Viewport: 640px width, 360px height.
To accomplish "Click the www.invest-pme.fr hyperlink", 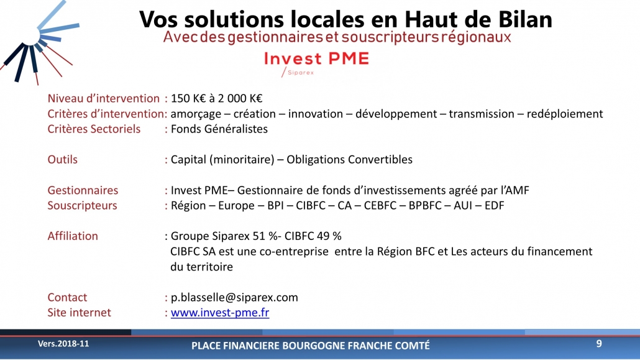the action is tap(219, 313).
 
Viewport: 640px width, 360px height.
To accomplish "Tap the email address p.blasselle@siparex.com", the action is tap(234, 297).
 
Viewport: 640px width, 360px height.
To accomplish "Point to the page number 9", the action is tap(599, 344).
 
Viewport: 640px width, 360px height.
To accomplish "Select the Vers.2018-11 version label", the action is tap(63, 344).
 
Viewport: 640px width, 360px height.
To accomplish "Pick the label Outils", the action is tap(63, 159).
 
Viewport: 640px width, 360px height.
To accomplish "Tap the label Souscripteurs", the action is tap(82, 206).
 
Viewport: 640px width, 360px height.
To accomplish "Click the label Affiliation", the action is tap(73, 236).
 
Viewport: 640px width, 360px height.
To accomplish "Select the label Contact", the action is tap(67, 297).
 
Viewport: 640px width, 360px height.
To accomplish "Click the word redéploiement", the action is tap(564, 114).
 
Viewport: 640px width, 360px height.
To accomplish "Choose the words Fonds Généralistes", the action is tap(219, 129).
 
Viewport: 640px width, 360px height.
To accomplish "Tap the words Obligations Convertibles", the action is tap(349, 159).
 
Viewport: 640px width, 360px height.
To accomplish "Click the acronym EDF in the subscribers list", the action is tap(494, 206).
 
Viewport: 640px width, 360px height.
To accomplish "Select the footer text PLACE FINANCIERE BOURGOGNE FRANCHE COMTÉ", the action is tap(311, 346).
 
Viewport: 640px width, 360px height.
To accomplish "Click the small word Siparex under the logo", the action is tap(301, 73).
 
